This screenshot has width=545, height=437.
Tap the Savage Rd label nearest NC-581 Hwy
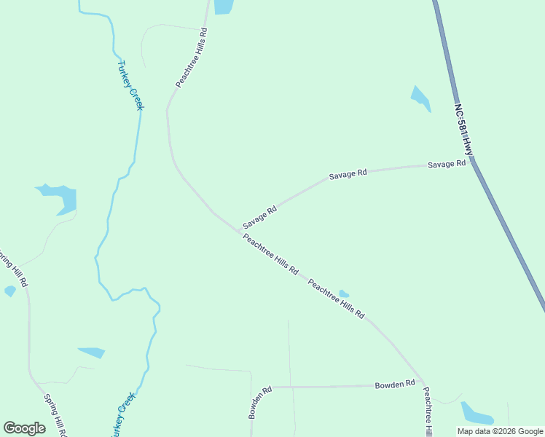pyautogui.click(x=446, y=165)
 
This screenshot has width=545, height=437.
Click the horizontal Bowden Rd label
pyautogui.click(x=395, y=384)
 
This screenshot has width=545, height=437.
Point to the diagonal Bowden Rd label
pyautogui.click(x=259, y=402)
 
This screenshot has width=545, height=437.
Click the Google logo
pyautogui.click(x=24, y=428)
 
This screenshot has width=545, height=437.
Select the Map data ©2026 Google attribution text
pyautogui.click(x=500, y=431)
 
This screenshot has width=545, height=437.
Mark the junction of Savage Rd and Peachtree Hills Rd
pyautogui.click(x=240, y=229)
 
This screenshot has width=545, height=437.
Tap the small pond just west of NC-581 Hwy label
pyautogui.click(x=420, y=98)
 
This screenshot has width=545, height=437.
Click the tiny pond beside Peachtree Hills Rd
pyautogui.click(x=343, y=294)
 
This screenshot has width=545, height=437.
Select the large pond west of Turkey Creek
pyautogui.click(x=61, y=198)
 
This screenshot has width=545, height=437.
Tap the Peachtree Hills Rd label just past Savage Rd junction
pyautogui.click(x=270, y=253)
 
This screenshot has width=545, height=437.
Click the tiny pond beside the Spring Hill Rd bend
pyautogui.click(x=10, y=291)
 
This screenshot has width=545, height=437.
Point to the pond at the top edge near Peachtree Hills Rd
pyautogui.click(x=223, y=7)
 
